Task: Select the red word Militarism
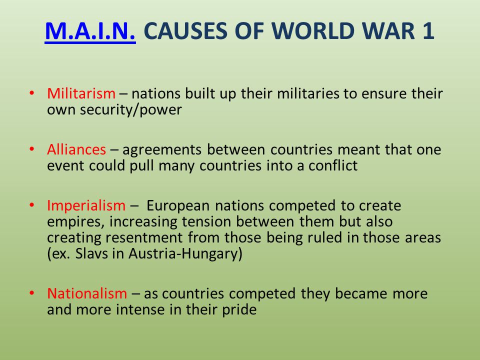tap(81, 94)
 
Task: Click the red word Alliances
tap(76, 149)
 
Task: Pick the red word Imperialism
tap(86, 205)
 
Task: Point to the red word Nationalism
tap(87, 293)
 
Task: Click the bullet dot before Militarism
tap(32, 93)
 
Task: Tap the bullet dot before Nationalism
tap(32, 293)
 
